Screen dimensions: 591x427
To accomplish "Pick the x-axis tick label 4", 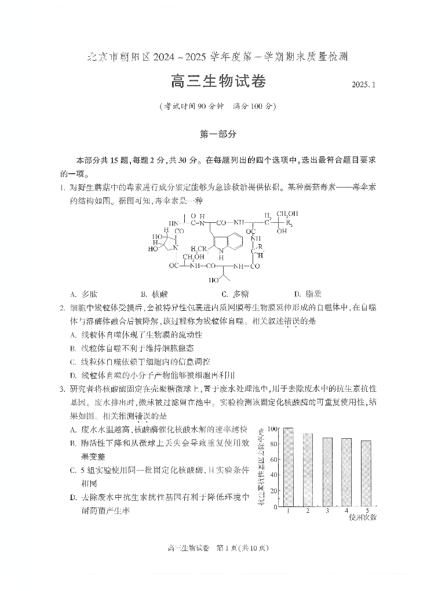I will pos(346,511).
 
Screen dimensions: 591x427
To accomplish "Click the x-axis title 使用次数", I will pos(363,517).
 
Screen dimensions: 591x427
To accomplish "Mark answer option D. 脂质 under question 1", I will pos(305,294).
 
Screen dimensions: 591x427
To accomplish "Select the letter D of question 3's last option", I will pos(73,497).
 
